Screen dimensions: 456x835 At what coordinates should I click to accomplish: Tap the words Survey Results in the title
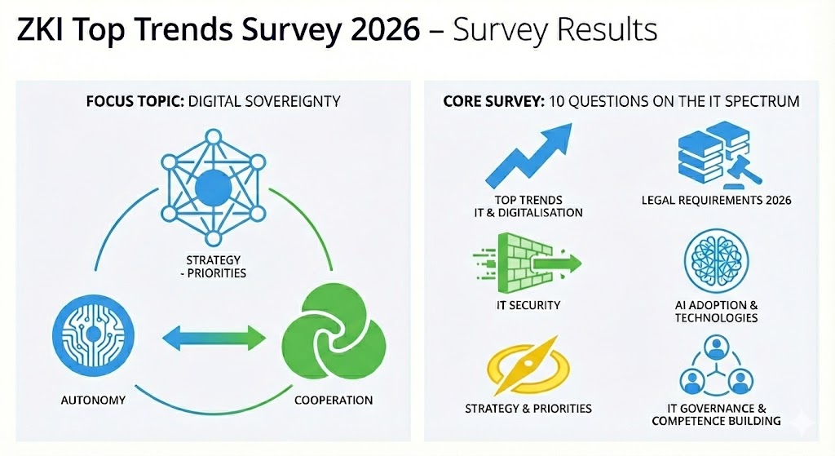click(x=554, y=30)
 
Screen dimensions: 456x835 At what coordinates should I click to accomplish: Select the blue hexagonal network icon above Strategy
click(x=213, y=186)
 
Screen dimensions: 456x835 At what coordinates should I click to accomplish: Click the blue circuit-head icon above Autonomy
click(x=93, y=335)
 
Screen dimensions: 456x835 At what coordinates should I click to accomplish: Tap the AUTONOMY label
click(x=93, y=401)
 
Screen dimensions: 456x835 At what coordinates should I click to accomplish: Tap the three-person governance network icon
click(x=716, y=368)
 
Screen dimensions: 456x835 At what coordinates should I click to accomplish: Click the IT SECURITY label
click(x=528, y=305)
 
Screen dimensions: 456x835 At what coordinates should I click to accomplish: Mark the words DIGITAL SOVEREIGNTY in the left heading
click(x=263, y=102)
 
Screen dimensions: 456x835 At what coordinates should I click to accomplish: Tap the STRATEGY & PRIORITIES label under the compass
click(x=528, y=408)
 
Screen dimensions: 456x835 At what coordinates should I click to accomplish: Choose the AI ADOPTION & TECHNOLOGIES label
click(x=716, y=312)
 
